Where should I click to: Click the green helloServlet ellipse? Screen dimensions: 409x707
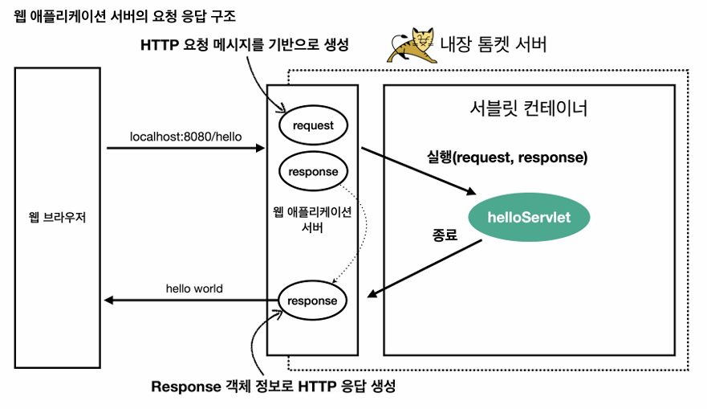tap(529, 216)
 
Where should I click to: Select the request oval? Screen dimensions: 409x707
tap(312, 126)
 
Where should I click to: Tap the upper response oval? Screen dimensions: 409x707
tap(313, 172)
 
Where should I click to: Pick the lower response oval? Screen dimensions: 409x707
tap(313, 301)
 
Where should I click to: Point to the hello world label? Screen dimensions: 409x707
tap(194, 288)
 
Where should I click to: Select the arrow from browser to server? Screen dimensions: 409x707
tap(185, 149)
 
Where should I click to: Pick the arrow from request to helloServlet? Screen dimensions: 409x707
tap(417, 171)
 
